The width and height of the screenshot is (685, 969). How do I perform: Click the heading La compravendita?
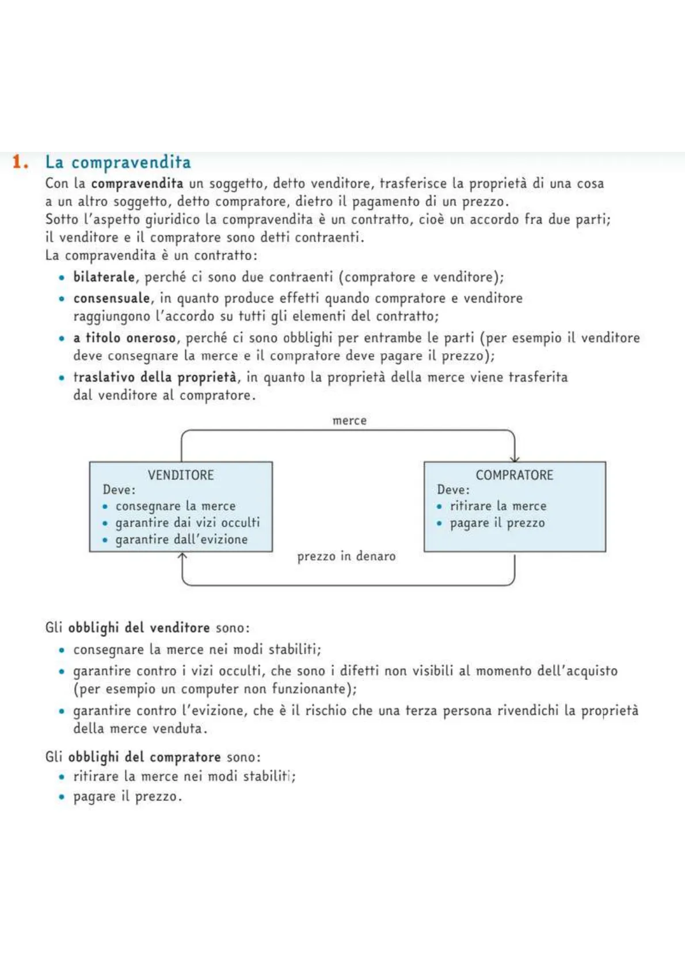click(118, 162)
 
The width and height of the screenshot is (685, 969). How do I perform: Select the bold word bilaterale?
click(104, 277)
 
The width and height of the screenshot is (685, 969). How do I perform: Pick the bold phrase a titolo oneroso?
click(124, 338)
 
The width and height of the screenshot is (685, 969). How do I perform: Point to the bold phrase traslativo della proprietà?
click(155, 377)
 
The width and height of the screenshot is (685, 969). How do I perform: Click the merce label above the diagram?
click(349, 421)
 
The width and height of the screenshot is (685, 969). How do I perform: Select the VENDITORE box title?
click(181, 475)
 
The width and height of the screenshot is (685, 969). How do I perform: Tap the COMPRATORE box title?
click(514, 475)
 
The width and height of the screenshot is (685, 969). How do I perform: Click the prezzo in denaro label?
click(346, 556)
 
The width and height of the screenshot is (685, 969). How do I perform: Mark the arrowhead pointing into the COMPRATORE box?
click(515, 459)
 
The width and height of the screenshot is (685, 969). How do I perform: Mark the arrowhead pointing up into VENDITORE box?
click(182, 556)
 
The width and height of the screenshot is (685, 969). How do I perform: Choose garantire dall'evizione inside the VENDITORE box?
click(181, 540)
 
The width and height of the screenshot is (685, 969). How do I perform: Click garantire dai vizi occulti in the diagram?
click(188, 522)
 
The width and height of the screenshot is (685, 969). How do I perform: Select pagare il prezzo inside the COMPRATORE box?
click(497, 523)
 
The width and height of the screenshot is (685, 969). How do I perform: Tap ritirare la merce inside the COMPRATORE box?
click(498, 506)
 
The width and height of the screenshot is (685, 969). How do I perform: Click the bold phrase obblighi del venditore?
click(139, 627)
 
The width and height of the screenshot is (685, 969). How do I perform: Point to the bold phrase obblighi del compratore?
click(144, 757)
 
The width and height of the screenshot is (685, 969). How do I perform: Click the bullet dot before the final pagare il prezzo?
click(62, 797)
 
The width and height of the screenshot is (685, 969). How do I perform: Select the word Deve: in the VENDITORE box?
click(119, 490)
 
